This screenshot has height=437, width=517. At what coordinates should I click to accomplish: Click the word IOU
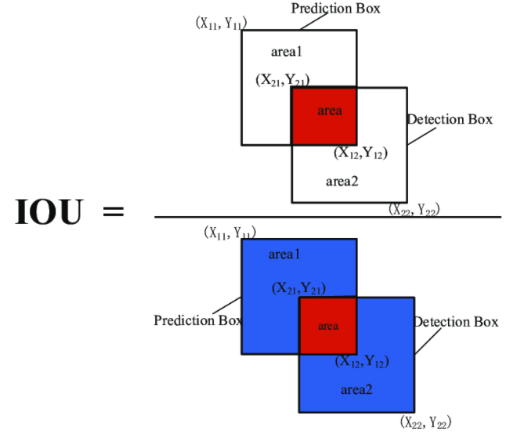coord(48,212)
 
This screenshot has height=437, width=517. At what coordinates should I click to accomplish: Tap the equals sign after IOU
coord(110,212)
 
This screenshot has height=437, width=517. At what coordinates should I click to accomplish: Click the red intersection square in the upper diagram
coord(324,116)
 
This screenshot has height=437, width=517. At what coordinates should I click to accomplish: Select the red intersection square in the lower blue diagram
coord(328,326)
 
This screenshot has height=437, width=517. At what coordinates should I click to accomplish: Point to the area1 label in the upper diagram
coord(287,52)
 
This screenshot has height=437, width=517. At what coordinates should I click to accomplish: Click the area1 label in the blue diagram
coord(284,255)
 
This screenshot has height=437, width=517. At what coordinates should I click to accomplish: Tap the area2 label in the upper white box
coord(342,182)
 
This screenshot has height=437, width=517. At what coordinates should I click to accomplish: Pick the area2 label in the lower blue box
coord(356,388)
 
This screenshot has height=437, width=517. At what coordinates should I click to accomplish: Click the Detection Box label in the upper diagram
coord(450,120)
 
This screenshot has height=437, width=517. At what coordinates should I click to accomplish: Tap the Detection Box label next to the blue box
coord(456,322)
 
